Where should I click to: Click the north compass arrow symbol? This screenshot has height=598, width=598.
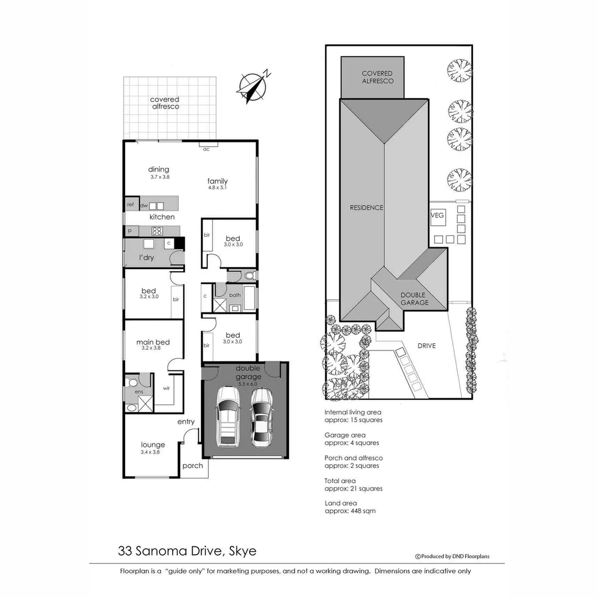coord(253,85)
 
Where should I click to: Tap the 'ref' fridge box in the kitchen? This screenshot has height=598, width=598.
coord(131,204)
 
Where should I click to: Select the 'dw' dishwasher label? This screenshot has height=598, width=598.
coord(143,205)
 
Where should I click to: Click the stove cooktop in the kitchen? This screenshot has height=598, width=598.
coord(157,231)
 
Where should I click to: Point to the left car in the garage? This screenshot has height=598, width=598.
coord(228,417)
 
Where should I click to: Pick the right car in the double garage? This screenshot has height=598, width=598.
coord(261,417)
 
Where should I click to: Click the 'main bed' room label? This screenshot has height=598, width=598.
coord(153,342)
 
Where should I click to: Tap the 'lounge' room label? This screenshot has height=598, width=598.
coord(153,445)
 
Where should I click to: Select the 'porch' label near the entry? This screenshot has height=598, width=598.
coord(193,466)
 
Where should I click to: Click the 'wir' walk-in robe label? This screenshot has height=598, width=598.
coord(166,388)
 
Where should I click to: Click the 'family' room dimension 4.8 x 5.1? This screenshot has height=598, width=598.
coord(217,188)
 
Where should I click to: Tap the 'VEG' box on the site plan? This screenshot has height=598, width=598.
coord(437,214)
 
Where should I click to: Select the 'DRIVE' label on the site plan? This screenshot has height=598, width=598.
coord(426,346)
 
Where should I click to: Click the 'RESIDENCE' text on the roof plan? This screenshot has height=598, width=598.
coord(366,208)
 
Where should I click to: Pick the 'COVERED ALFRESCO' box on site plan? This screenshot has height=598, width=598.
coord(377,77)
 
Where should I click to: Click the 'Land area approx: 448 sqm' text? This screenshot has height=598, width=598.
coord(350,507)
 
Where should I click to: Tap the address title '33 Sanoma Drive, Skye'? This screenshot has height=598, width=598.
coord(187,551)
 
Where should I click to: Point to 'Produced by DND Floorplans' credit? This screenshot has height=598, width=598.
coord(452,556)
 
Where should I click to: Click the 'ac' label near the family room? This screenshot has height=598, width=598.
coord(206,149)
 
